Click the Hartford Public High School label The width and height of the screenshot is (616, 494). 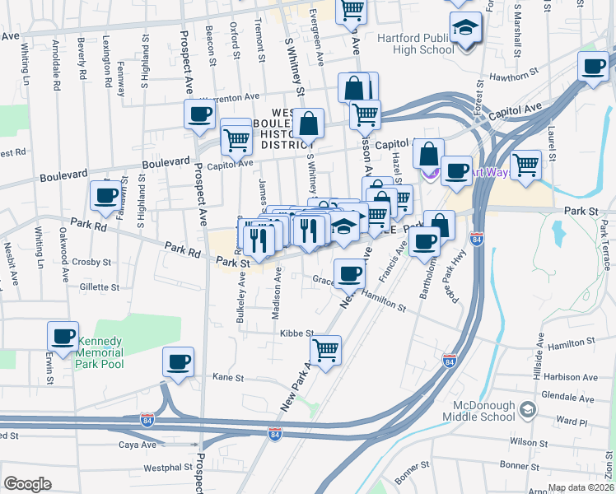pyautogui.click(x=416, y=44)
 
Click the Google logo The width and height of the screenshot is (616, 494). pyautogui.click(x=27, y=484)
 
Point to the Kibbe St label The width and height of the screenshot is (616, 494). pyautogui.click(x=297, y=333)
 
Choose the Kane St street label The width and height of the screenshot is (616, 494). pyautogui.click(x=229, y=378)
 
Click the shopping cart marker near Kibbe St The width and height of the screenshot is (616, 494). pyautogui.click(x=326, y=349)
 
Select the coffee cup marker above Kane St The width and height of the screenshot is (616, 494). pyautogui.click(x=179, y=361)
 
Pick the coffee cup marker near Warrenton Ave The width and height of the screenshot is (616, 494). pyautogui.click(x=199, y=114)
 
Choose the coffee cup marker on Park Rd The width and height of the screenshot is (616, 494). pyautogui.click(x=105, y=196)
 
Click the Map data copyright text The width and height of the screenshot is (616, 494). pyautogui.click(x=581, y=487)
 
